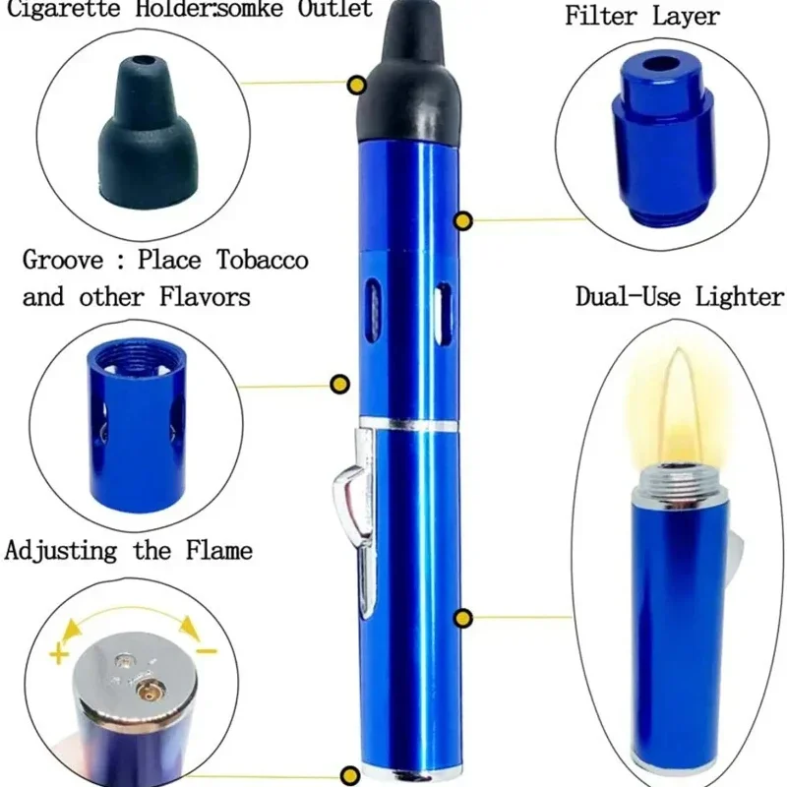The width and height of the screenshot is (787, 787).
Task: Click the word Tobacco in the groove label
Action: [x=263, y=260]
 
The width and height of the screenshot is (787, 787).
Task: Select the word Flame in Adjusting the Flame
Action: [x=218, y=550]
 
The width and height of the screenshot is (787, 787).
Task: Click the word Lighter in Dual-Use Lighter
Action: [x=740, y=296]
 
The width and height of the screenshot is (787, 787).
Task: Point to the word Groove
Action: [x=63, y=260]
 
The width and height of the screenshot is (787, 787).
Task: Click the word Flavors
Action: [x=205, y=297]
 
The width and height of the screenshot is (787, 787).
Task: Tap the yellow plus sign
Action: [x=59, y=654]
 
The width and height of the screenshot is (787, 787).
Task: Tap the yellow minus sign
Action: [x=207, y=651]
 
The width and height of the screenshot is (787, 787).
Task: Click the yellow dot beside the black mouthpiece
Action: [x=357, y=85]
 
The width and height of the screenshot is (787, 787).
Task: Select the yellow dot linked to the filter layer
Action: [x=462, y=220]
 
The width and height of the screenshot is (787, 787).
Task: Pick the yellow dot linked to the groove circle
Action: [x=339, y=385]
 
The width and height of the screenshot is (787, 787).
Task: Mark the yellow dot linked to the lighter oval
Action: [x=462, y=619]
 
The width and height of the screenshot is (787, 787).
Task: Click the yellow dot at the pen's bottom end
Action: [x=350, y=774]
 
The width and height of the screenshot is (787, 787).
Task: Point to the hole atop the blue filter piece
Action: [x=660, y=65]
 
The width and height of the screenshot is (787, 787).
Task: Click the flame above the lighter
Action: [x=677, y=406]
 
